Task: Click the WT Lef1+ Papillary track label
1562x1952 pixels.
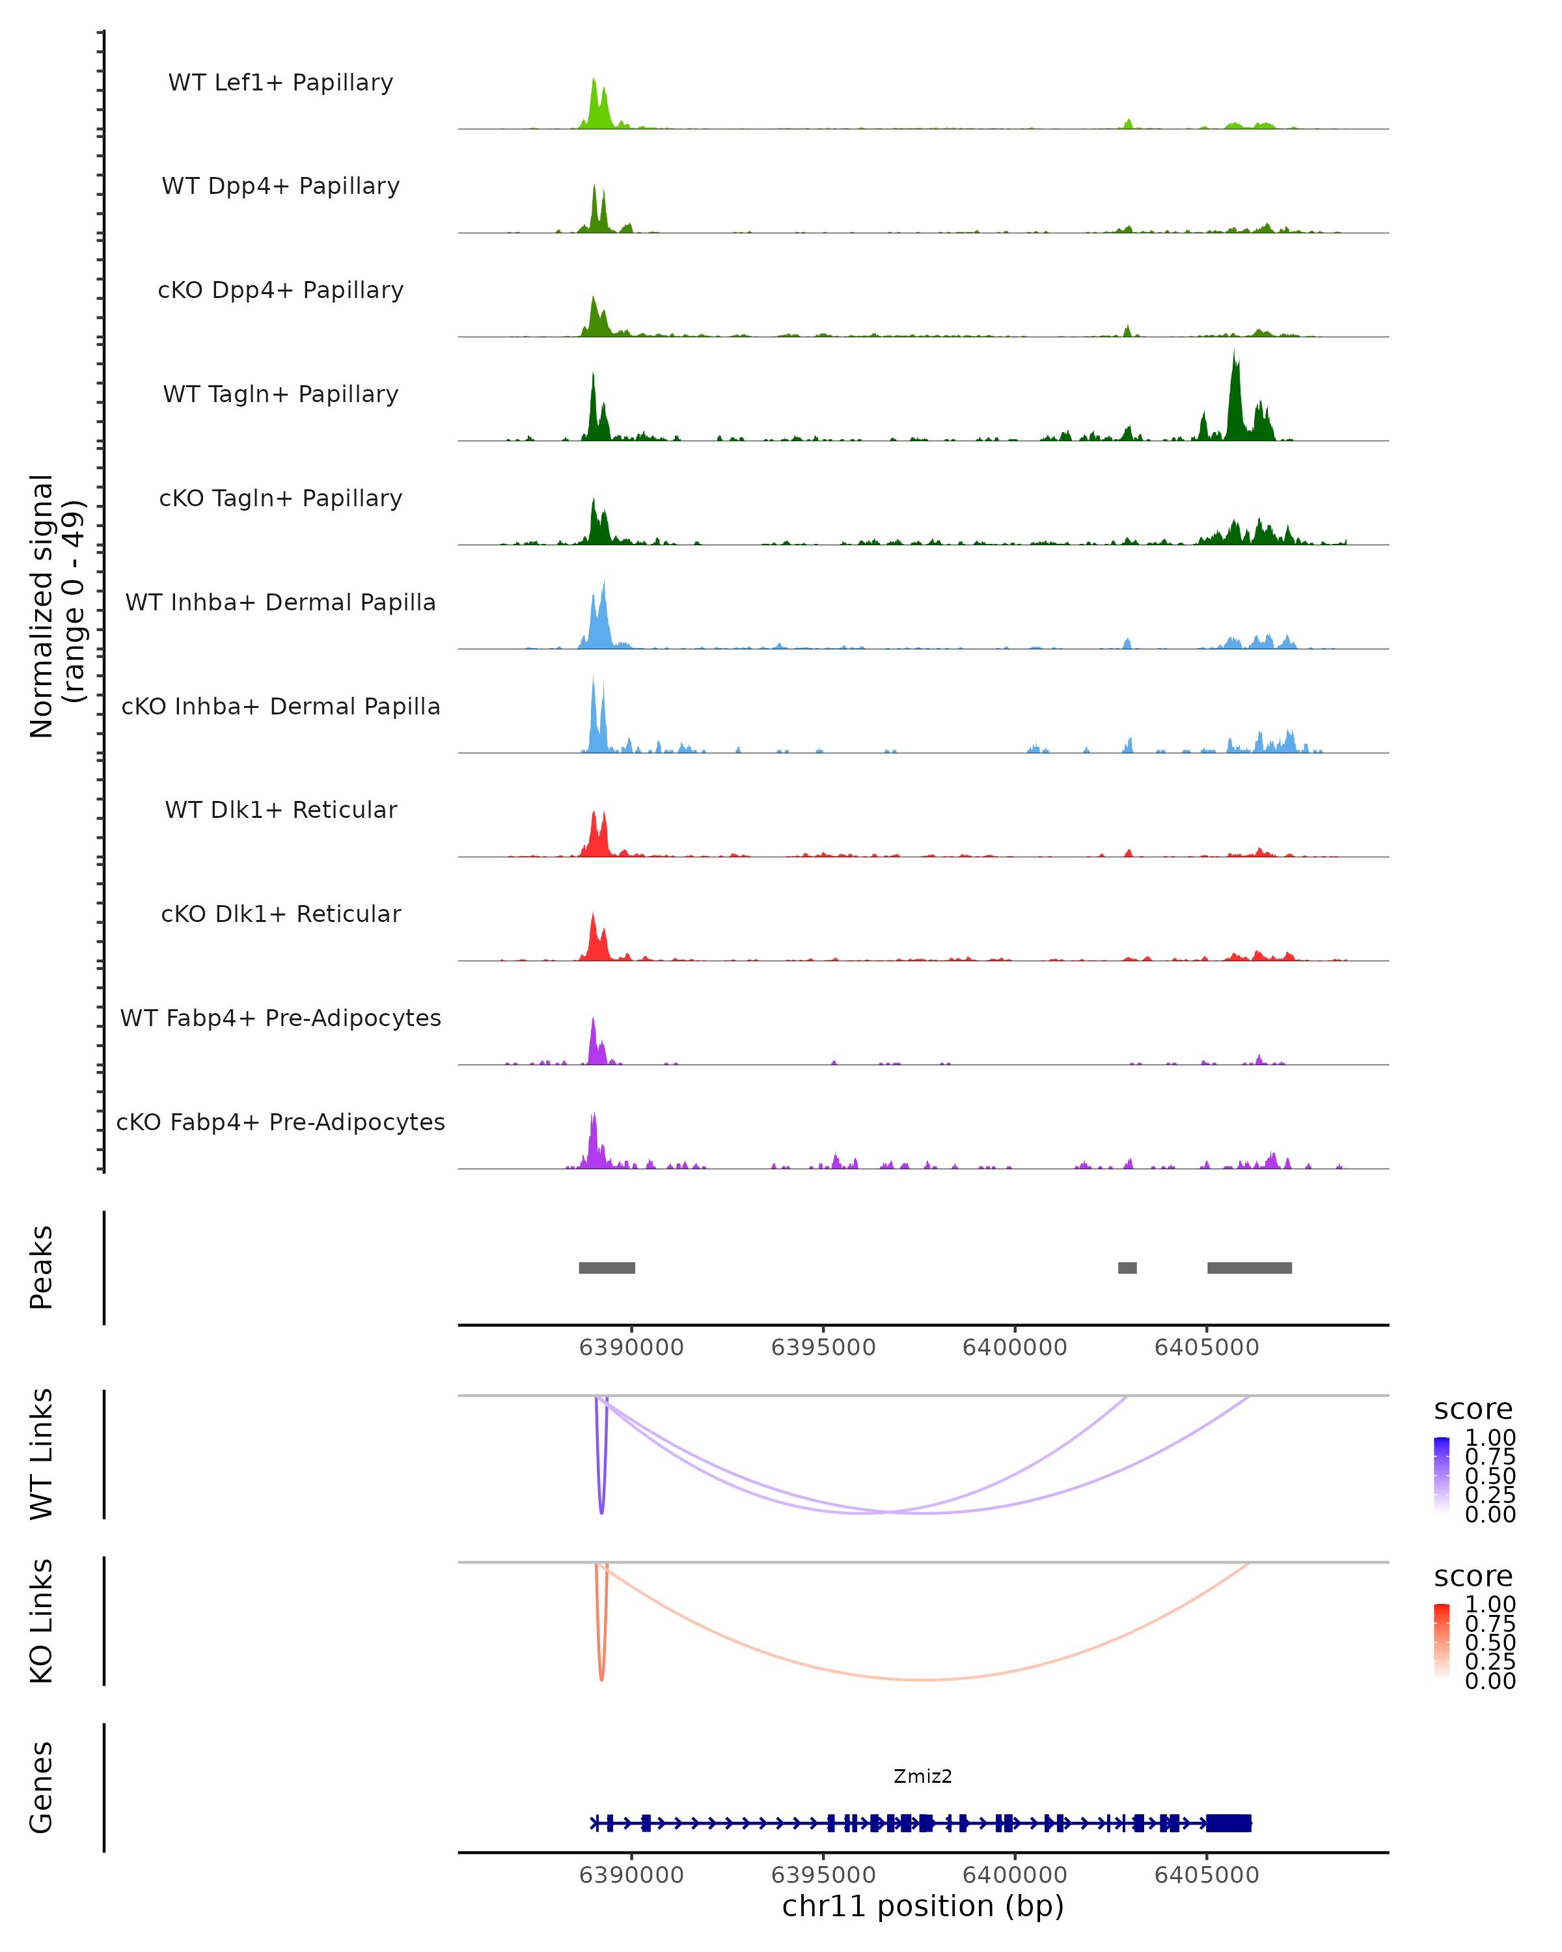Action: point(281,83)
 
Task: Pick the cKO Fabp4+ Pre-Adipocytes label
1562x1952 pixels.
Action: point(281,1122)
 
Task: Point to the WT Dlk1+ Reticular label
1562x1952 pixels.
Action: point(281,809)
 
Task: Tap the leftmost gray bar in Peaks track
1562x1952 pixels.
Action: point(607,1267)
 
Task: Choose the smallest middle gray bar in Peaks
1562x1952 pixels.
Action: point(1127,1267)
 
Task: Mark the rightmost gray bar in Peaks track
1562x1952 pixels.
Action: point(1250,1267)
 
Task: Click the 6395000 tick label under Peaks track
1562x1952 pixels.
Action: point(823,1348)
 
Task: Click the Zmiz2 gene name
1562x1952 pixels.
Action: point(923,1776)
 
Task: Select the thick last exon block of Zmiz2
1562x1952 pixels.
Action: point(1229,1823)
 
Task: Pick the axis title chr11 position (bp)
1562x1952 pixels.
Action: point(923,1906)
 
